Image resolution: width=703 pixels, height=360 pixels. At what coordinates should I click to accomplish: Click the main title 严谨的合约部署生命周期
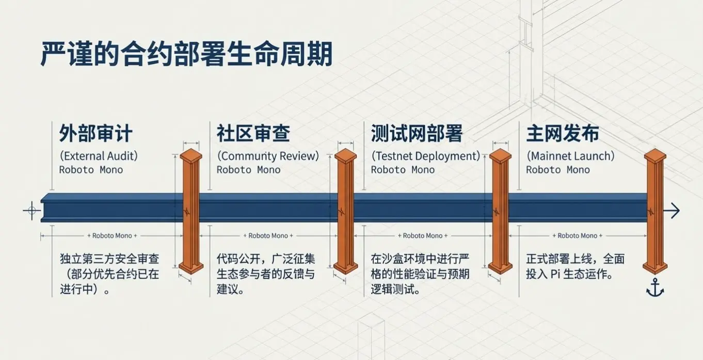(x=186, y=54)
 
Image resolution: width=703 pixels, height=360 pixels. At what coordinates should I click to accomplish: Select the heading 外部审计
(x=95, y=133)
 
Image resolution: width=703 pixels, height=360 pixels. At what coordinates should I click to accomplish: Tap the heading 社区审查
(x=253, y=133)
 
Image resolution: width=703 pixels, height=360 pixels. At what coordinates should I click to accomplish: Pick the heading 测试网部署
(x=417, y=133)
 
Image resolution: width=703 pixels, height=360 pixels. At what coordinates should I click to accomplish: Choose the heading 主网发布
(x=563, y=133)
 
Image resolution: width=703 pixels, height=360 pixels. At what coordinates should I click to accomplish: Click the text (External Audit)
(x=99, y=156)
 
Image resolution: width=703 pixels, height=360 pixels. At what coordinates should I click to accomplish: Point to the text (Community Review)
(x=268, y=156)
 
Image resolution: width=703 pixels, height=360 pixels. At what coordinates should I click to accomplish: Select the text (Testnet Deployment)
(x=425, y=156)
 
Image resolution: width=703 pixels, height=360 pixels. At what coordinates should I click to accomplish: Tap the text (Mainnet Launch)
(x=570, y=156)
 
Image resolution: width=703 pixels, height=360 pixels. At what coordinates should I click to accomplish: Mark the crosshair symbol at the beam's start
(x=31, y=210)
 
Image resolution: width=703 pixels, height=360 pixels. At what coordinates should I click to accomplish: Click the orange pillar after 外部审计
(x=191, y=211)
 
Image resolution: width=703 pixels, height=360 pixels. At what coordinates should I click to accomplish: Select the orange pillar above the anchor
(x=656, y=211)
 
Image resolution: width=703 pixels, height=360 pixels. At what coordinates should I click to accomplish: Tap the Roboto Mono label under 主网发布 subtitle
(x=557, y=170)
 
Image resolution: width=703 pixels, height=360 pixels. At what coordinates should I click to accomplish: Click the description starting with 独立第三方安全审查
(x=109, y=274)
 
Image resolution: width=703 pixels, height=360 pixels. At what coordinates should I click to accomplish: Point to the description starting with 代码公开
(x=265, y=274)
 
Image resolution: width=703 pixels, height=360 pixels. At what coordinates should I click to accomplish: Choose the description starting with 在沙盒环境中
(x=420, y=274)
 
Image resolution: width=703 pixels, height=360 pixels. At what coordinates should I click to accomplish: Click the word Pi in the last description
(x=555, y=275)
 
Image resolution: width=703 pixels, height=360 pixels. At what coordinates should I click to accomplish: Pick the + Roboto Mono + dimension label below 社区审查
(x=268, y=236)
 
